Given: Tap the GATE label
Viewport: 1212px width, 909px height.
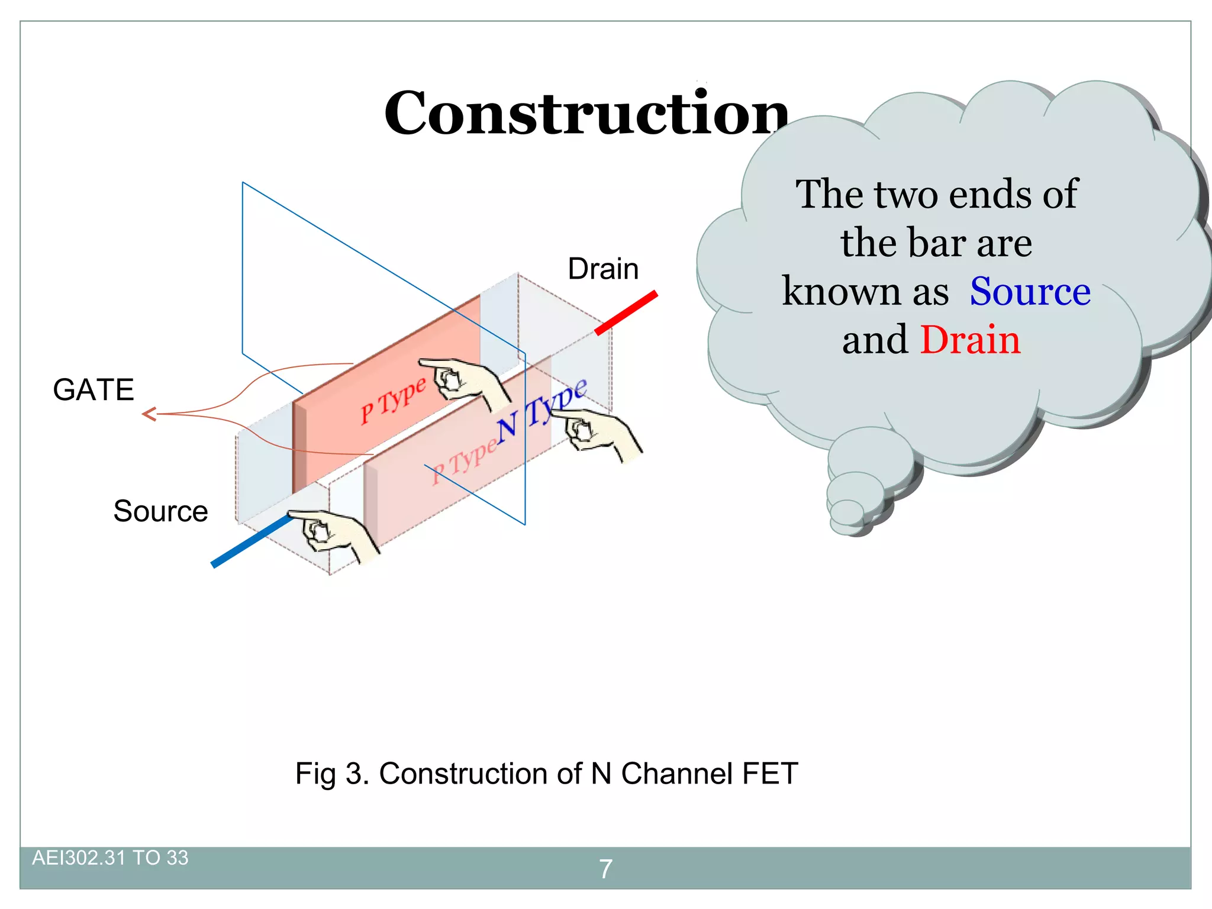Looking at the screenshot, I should pos(94,390).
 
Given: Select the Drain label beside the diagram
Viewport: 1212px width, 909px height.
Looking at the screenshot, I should pos(603,269).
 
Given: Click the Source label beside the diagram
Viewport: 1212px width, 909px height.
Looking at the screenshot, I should pos(160,511).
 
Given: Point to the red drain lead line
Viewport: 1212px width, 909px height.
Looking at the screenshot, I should pos(626,312).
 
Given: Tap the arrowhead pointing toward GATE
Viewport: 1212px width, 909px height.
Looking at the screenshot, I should pos(149,414).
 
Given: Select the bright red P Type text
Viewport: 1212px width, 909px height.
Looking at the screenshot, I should pos(393,400).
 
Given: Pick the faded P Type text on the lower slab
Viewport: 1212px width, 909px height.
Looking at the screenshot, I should pos(464,462).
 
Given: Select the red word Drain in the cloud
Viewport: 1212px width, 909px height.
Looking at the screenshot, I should pos(970,340).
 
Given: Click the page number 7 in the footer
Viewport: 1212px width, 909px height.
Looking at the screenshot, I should pos(605,869).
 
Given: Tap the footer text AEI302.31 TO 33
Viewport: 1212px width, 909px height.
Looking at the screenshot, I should pos(110,858).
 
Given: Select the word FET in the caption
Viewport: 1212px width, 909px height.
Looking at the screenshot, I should pos(769,773).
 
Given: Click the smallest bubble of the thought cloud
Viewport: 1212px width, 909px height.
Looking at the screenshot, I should pos(847,512).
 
